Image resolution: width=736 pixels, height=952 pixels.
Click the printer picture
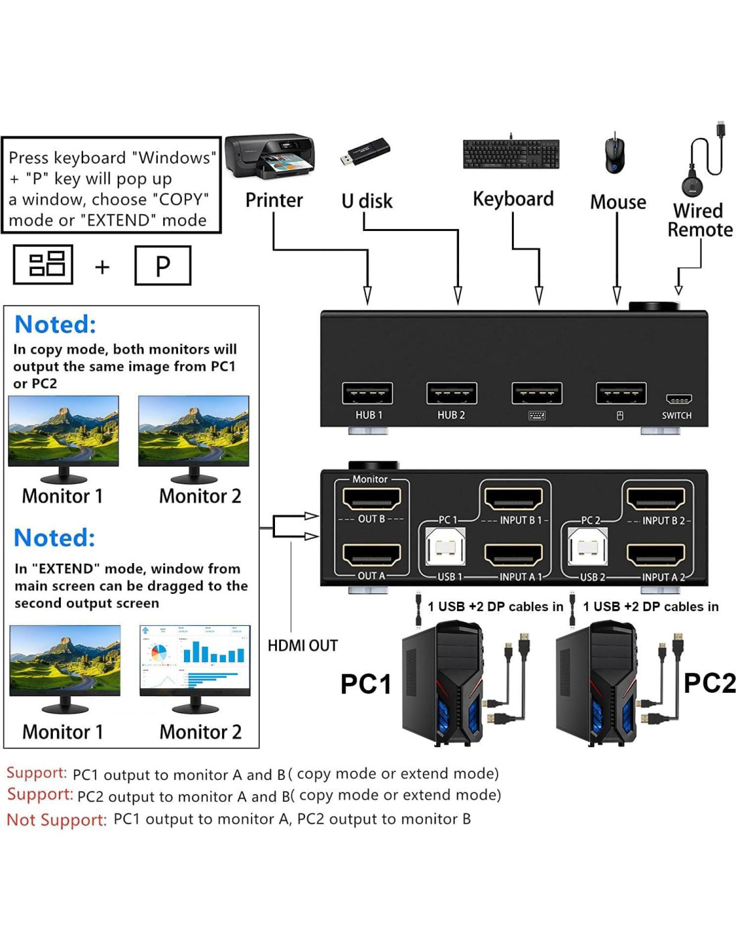tap(270, 156)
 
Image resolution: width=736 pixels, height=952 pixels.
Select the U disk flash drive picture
tap(365, 153)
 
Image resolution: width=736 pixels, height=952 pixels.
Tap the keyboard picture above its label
tap(511, 154)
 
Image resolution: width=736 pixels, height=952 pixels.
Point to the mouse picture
tap(615, 155)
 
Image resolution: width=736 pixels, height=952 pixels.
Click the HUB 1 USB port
tap(367, 394)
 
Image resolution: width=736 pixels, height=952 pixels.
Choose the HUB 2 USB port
tap(452, 394)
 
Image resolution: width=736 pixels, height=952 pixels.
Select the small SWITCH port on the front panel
tap(678, 400)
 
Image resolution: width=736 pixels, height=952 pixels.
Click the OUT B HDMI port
tap(371, 499)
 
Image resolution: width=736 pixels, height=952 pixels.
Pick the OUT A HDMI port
tap(371, 555)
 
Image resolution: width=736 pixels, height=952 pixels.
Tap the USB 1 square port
tap(445, 548)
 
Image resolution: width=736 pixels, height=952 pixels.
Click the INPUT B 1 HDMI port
tap(513, 499)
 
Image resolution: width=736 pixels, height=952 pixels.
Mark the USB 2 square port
tap(587, 548)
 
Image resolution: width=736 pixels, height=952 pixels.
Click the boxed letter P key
tap(163, 266)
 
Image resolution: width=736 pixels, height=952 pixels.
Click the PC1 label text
tap(365, 684)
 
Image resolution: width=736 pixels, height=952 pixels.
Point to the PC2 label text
tap(709, 683)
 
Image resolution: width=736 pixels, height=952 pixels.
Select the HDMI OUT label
tap(302, 645)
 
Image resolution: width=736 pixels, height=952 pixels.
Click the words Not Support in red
tap(57, 819)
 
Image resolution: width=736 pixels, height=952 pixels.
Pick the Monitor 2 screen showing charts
tap(195, 660)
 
